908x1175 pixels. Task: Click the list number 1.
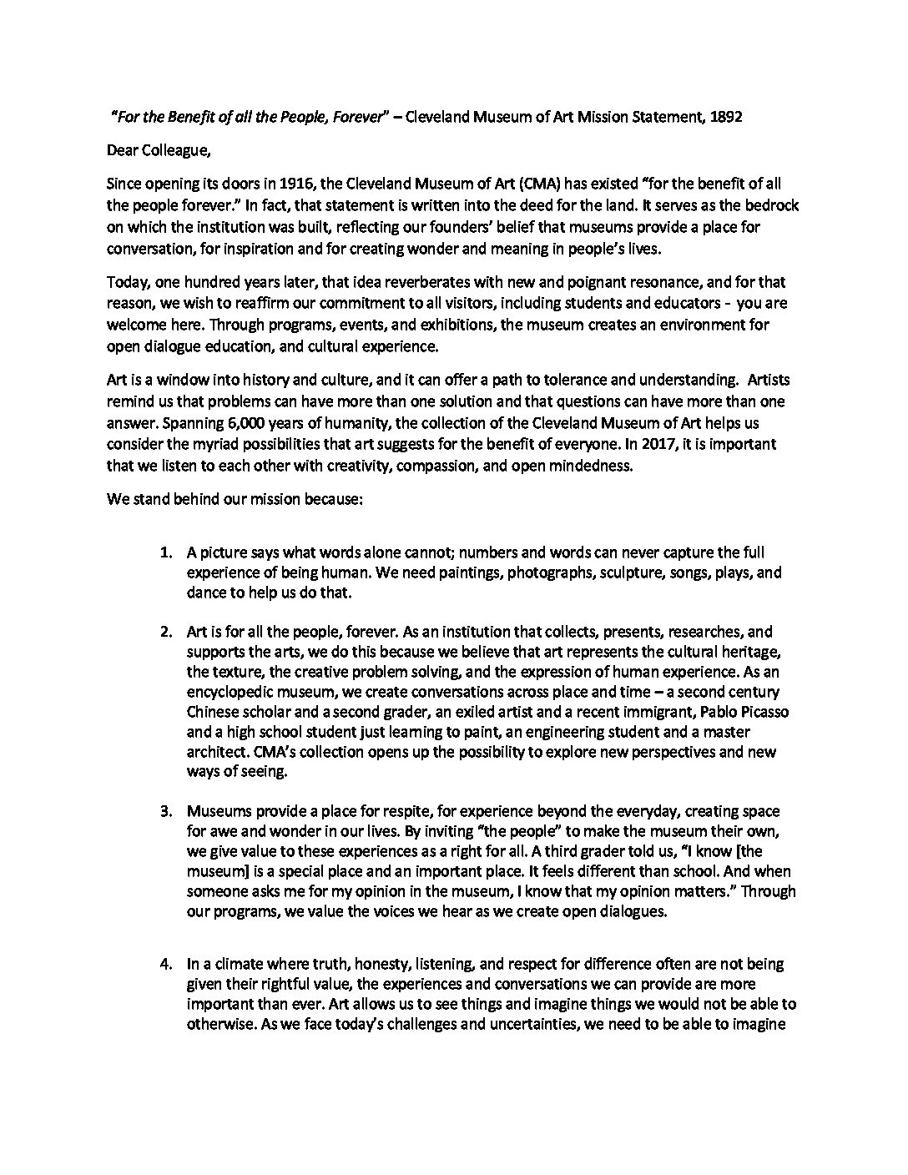[x=166, y=552]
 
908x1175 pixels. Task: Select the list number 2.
[x=166, y=632]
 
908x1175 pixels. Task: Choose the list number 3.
[x=166, y=811]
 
